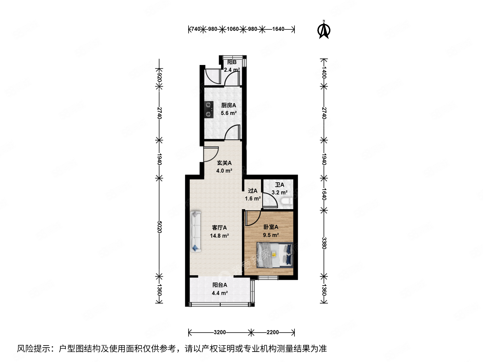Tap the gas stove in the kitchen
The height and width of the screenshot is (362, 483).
tap(209, 110)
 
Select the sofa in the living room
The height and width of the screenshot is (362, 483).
tap(195, 232)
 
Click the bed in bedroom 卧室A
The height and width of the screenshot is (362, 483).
tap(275, 255)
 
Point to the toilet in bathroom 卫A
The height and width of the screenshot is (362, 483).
tap(287, 201)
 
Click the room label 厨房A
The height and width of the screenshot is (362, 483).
tap(228, 105)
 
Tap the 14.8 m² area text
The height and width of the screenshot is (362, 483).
tap(219, 236)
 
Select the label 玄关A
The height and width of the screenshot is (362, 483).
tap(224, 163)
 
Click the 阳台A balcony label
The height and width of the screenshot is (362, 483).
tap(220, 285)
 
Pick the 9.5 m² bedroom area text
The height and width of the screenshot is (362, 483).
tap(271, 235)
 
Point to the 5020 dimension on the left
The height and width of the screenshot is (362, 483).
tap(159, 227)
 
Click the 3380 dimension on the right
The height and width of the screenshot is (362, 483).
tap(324, 243)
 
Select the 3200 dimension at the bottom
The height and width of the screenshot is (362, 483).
tap(220, 332)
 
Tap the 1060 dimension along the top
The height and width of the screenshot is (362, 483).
tap(232, 29)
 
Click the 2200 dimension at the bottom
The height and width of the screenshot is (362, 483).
tap(272, 332)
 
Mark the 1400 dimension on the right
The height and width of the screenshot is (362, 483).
tap(324, 72)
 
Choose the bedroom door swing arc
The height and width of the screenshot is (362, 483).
tap(252, 218)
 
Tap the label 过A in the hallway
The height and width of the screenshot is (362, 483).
tap(253, 191)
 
